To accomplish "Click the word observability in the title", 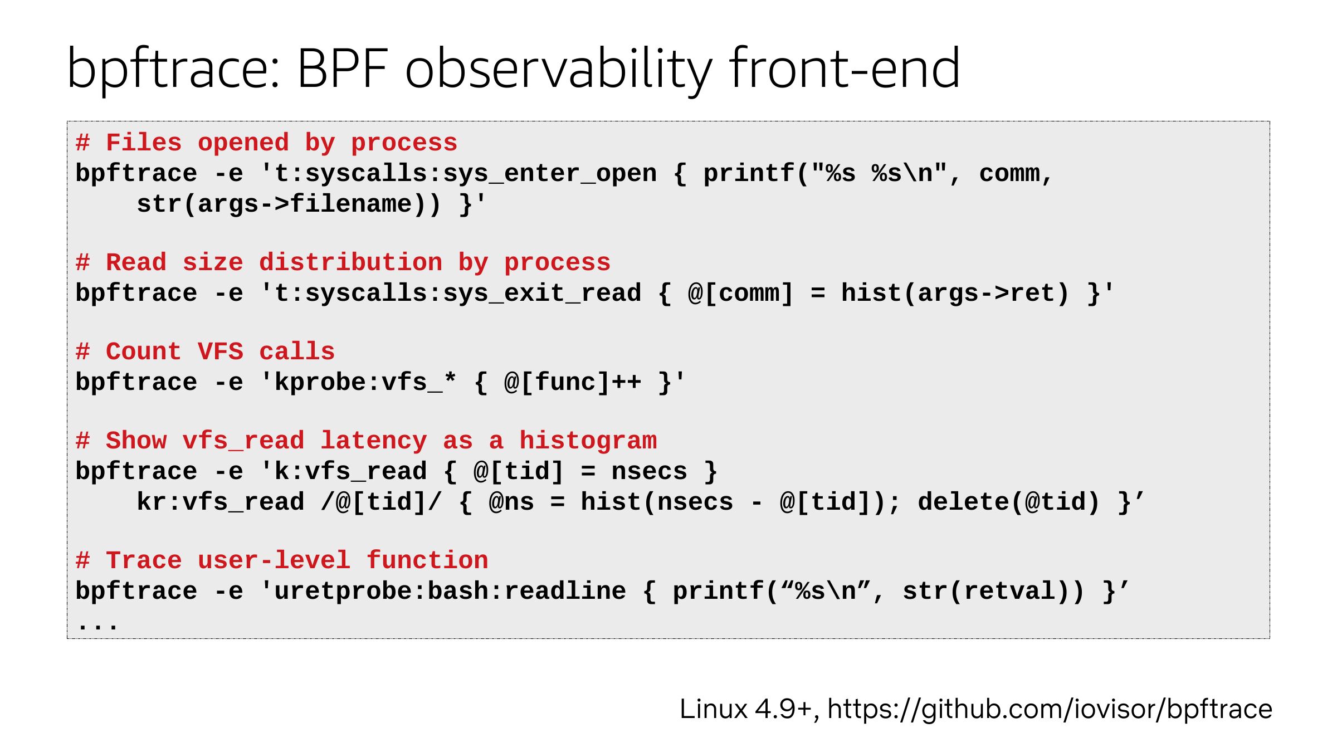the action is [x=559, y=70].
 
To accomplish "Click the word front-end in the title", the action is [x=845, y=67].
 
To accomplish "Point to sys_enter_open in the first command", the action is [x=550, y=174].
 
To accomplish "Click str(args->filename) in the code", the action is [x=282, y=204].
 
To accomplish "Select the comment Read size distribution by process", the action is [x=343, y=263].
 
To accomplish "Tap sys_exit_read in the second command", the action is [x=543, y=294].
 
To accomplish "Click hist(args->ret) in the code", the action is [x=955, y=294].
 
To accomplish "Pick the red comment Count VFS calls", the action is [x=206, y=352].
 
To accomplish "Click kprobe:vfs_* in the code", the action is [x=366, y=383].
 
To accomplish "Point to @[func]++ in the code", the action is [x=573, y=383].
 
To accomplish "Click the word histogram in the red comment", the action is [x=588, y=441].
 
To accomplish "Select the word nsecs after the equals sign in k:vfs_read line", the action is [x=650, y=472].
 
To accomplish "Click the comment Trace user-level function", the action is [x=282, y=561].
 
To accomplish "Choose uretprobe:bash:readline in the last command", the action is [x=450, y=592].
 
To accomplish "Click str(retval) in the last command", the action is [x=986, y=592].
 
